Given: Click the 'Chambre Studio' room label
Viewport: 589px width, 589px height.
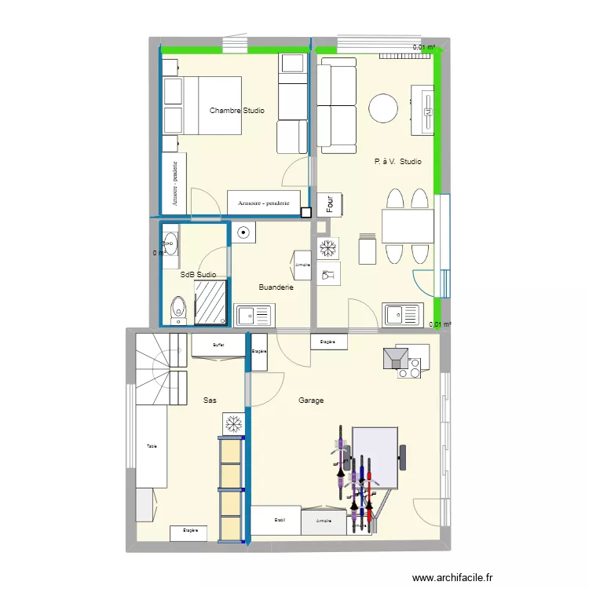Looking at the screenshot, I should click(236, 111).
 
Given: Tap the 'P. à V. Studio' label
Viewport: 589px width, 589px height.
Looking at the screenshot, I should click(397, 162).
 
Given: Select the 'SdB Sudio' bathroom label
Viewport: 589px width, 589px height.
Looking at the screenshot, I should click(198, 275).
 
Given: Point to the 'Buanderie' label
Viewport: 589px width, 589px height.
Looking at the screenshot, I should click(276, 287).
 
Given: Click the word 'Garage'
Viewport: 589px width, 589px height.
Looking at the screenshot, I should click(311, 401).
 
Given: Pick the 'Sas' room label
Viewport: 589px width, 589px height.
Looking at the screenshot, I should click(210, 401).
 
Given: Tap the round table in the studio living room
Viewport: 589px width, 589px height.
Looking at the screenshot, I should click(384, 108).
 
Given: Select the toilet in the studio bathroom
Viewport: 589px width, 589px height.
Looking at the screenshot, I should click(179, 309).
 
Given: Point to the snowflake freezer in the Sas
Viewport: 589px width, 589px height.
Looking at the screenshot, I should click(232, 425).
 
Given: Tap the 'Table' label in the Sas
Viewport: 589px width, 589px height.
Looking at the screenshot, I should click(152, 446).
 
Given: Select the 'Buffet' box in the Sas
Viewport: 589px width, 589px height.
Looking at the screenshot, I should click(218, 345).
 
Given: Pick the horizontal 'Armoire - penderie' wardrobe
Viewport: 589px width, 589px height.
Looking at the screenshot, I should click(263, 203).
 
